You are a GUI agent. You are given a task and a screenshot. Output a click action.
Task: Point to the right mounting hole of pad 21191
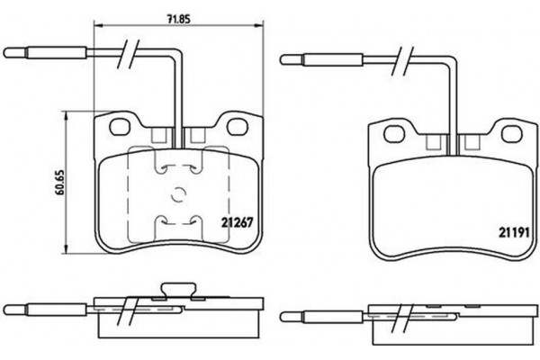[x=510, y=134]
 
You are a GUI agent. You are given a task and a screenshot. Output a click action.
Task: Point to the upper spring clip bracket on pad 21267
[x=176, y=168]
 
